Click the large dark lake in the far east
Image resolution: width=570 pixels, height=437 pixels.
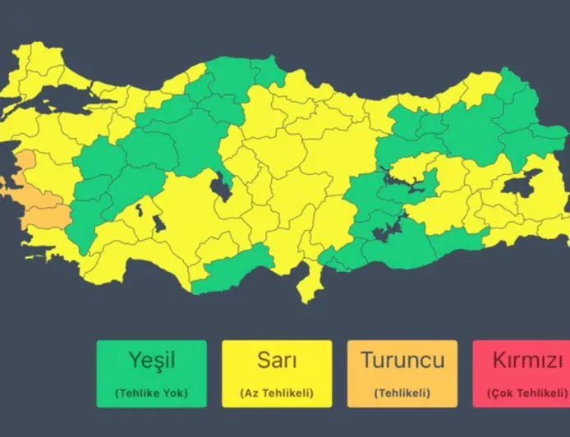coord(522,184)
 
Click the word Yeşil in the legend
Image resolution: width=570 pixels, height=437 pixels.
coord(151,360)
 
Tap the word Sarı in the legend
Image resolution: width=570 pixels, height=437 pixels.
coord(277,360)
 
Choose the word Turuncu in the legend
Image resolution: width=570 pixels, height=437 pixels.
coord(402,360)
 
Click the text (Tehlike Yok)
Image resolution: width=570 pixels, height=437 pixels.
coord(151,393)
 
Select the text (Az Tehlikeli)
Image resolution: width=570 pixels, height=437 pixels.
coord(277,393)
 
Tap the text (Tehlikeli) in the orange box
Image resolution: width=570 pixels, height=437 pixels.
coord(402,393)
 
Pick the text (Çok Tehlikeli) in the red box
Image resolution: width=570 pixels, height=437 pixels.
coord(526,393)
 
